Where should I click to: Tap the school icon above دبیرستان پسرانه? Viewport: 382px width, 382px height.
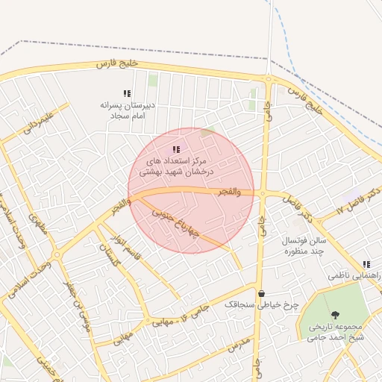pos(128,93)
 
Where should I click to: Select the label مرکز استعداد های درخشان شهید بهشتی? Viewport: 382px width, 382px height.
pos(179,166)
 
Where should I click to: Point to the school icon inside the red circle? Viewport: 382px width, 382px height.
pos(176,150)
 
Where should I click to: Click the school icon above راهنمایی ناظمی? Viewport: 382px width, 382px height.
pos(366,264)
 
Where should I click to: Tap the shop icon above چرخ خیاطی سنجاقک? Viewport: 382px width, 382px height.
pos(261,293)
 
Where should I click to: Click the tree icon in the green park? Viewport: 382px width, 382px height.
pos(335,315)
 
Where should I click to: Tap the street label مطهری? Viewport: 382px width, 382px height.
pos(37,223)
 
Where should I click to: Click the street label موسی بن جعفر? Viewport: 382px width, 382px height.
pos(78,306)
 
